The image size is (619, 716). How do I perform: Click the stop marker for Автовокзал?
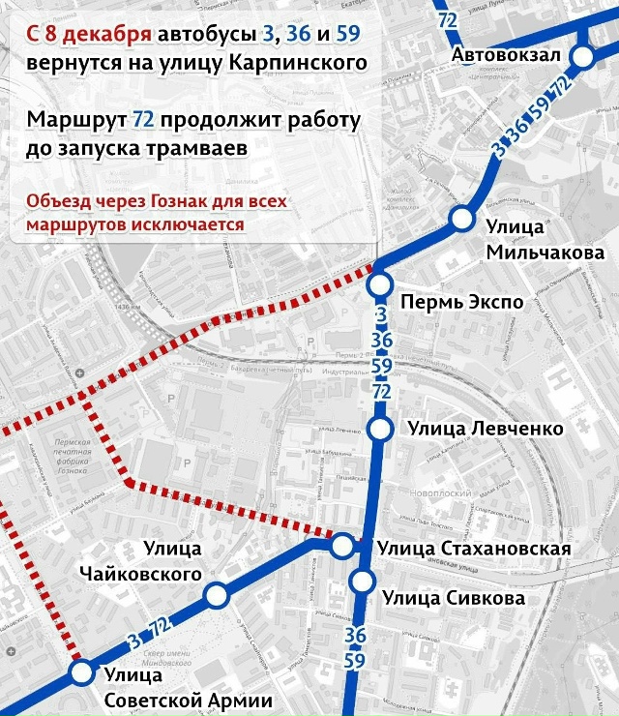[583, 57]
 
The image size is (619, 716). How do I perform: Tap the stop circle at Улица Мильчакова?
[461, 219]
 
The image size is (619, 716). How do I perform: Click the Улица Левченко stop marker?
[382, 429]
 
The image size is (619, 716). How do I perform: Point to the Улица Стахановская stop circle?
[343, 547]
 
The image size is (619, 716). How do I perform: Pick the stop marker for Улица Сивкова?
[363, 582]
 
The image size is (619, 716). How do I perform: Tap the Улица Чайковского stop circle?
[217, 595]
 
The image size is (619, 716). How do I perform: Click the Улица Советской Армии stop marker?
[81, 672]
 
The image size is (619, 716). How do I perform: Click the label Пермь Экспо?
[460, 302]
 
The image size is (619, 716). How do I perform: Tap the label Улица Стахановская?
[474, 550]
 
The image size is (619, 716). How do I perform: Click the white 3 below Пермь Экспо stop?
[381, 315]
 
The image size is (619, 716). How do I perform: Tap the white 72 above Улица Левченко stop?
[381, 391]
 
